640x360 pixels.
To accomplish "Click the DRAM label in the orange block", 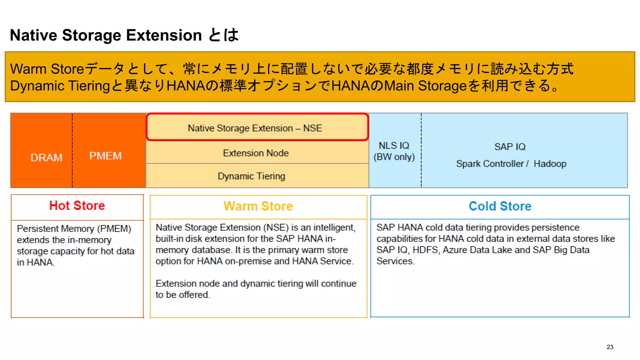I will coord(46,157).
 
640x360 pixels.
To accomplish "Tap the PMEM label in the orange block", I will coord(105,156).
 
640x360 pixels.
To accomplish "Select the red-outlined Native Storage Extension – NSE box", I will coord(255,128).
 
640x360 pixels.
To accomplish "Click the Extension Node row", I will coord(256,153).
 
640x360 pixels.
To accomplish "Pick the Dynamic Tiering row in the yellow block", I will coord(251,176).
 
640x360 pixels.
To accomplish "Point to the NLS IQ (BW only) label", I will coord(394,151).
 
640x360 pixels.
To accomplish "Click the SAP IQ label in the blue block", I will coord(510,147).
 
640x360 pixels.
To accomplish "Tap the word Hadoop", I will coord(550,164).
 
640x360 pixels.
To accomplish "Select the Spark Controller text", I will coord(489,164).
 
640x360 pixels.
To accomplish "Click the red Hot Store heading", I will coord(77,206).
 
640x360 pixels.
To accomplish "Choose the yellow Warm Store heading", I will coord(258,206).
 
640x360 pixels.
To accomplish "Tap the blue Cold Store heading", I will coord(500,206).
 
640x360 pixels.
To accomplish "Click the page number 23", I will coord(610,347).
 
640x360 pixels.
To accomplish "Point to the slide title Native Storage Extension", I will coord(106,35).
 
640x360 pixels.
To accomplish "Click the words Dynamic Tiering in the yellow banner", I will coord(60,86).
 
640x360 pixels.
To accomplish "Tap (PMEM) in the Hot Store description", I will coord(114,229).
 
